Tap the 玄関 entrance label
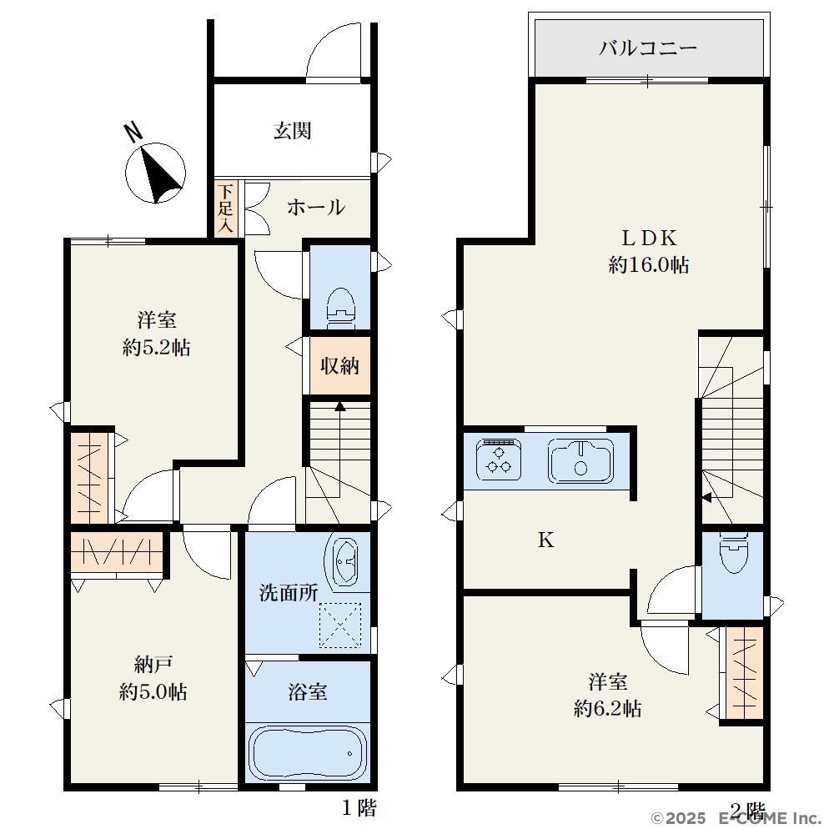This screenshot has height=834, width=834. coord(292,131)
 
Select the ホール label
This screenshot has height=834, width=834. coord(316,207)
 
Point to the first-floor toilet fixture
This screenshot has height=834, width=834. coord(340,308)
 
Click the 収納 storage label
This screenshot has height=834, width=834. coord(339,365)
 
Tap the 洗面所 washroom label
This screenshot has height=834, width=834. coord(289,592)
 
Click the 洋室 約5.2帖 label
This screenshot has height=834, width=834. coord(157,334)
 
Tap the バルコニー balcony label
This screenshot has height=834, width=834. coord(647,48)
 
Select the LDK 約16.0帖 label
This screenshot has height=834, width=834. coord(648,251)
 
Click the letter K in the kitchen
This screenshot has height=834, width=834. coord(545,540)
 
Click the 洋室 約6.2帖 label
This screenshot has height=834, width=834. coord(607,696)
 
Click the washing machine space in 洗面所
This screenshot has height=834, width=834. coord(340,625)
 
